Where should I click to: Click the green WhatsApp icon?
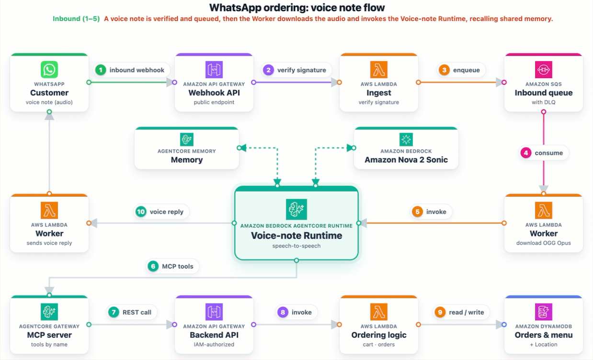(49, 69)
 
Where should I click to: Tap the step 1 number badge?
(101, 70)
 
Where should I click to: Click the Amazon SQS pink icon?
(544, 69)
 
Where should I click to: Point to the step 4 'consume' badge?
(544, 153)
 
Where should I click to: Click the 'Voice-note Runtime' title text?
(296, 236)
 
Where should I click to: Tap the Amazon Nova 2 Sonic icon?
(406, 139)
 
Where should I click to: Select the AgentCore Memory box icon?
(187, 139)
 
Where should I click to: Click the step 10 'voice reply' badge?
(161, 212)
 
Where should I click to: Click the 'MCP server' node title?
(49, 335)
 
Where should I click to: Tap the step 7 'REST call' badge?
(132, 313)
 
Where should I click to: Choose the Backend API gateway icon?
(214, 312)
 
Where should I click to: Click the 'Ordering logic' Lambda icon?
(379, 312)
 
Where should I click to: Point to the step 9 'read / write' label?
(467, 313)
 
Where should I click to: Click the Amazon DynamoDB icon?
(544, 312)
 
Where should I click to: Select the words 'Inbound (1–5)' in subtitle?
(76, 19)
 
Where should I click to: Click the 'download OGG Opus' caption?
(544, 243)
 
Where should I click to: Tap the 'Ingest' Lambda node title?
(379, 93)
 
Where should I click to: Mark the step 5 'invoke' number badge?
(418, 212)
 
